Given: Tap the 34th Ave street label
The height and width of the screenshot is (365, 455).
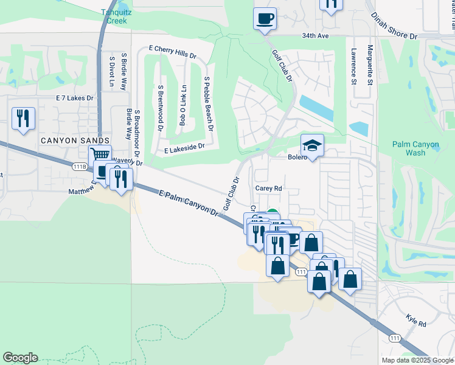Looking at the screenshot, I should (x=314, y=36).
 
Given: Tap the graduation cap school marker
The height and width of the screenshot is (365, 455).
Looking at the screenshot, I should (x=312, y=146).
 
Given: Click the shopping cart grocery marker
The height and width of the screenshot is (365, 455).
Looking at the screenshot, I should (x=100, y=156).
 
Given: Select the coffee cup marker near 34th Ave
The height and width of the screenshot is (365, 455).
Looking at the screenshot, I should (x=265, y=18).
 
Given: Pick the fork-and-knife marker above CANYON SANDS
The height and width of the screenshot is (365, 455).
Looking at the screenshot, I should (x=23, y=118).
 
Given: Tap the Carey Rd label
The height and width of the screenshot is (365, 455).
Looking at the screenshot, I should (x=268, y=189).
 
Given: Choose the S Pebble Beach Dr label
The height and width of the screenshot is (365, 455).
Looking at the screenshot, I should (x=209, y=104).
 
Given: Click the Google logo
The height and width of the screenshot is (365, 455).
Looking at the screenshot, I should (x=20, y=358).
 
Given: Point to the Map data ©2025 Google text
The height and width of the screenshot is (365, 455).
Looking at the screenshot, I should (x=417, y=360).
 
